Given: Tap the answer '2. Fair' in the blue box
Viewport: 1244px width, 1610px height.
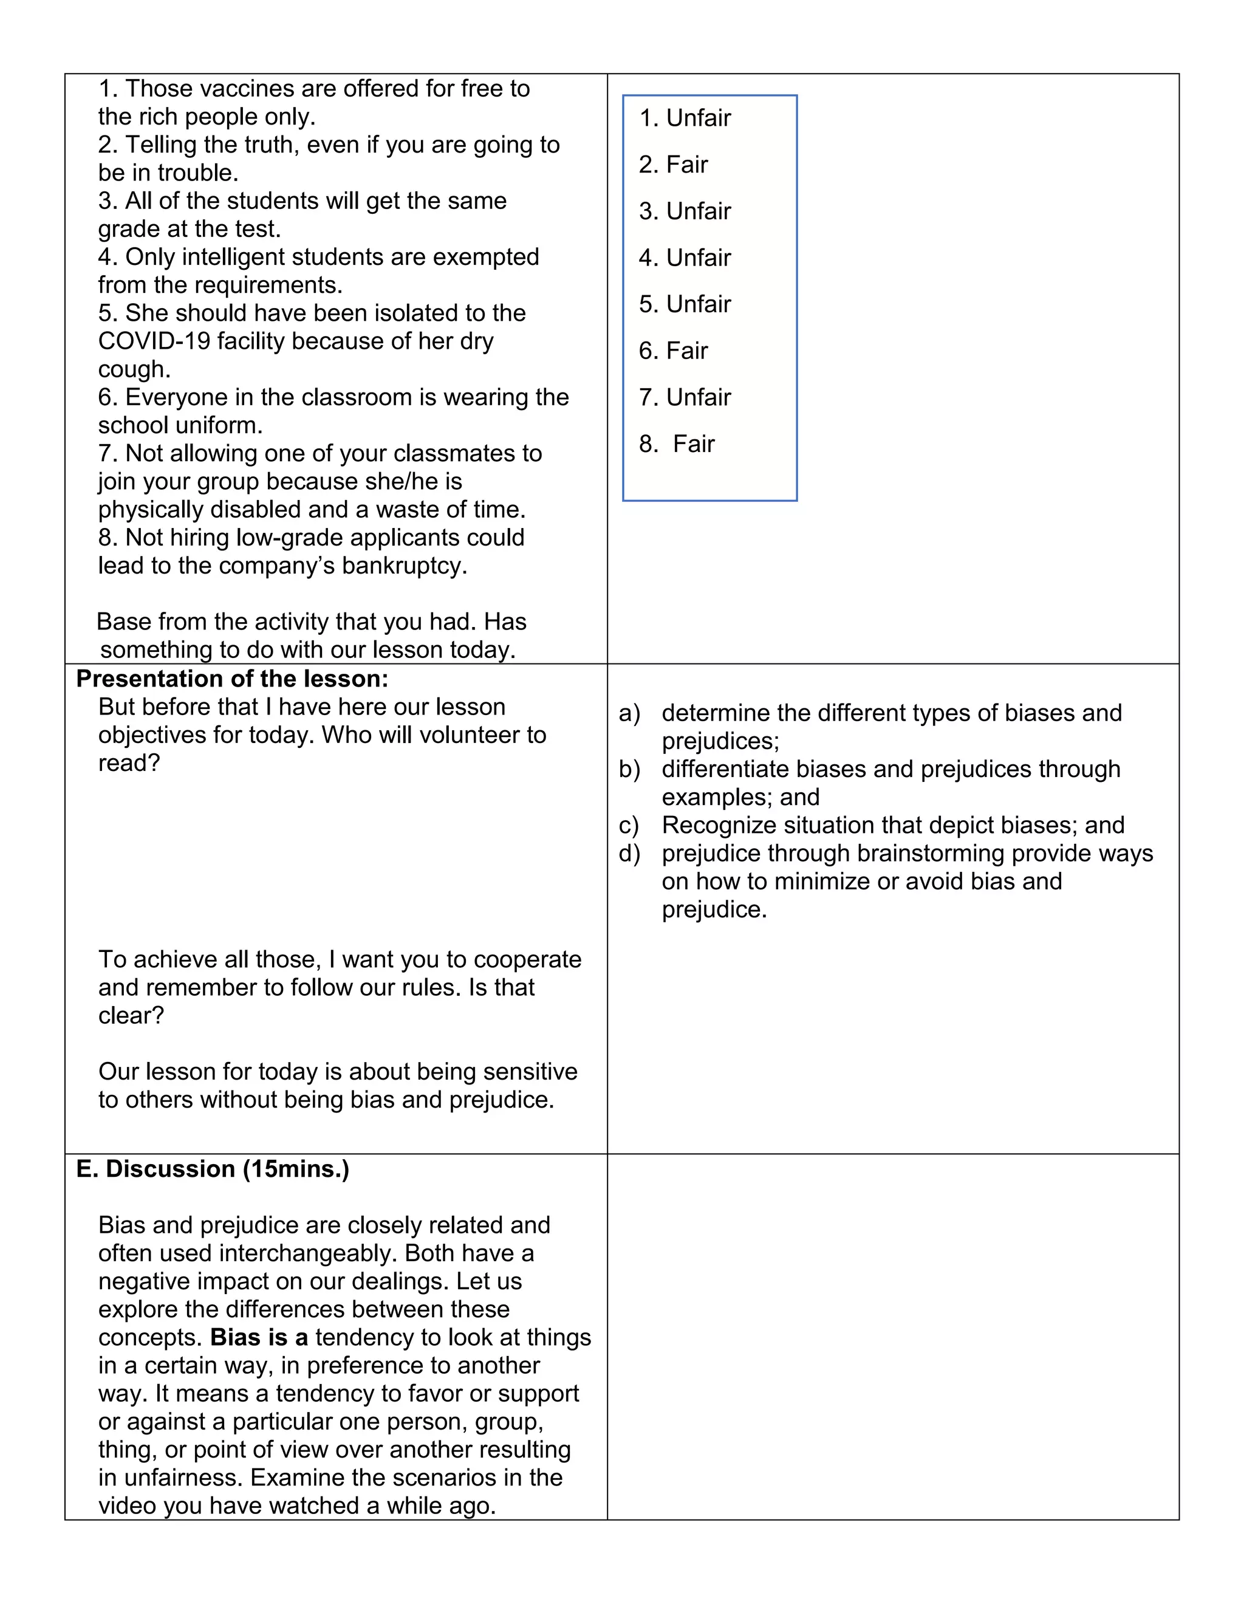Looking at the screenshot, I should pyautogui.click(x=673, y=165).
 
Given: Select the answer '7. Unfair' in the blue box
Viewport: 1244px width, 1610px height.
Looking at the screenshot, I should pyautogui.click(x=685, y=397).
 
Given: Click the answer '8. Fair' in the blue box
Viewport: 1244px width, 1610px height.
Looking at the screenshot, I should pyautogui.click(x=677, y=444).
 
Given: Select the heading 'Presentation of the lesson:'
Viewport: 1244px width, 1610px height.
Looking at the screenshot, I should pyautogui.click(x=232, y=678).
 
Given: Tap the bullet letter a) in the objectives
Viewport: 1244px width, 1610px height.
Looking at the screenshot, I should pyautogui.click(x=629, y=713).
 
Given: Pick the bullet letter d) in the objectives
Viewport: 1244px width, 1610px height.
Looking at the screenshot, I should pyautogui.click(x=629, y=853).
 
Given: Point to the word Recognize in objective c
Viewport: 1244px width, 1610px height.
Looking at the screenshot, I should pyautogui.click(x=719, y=825).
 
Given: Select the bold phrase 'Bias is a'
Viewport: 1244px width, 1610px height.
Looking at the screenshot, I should pyautogui.click(x=259, y=1337).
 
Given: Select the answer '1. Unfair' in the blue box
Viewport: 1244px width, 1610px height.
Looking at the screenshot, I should pyautogui.click(x=685, y=118).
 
